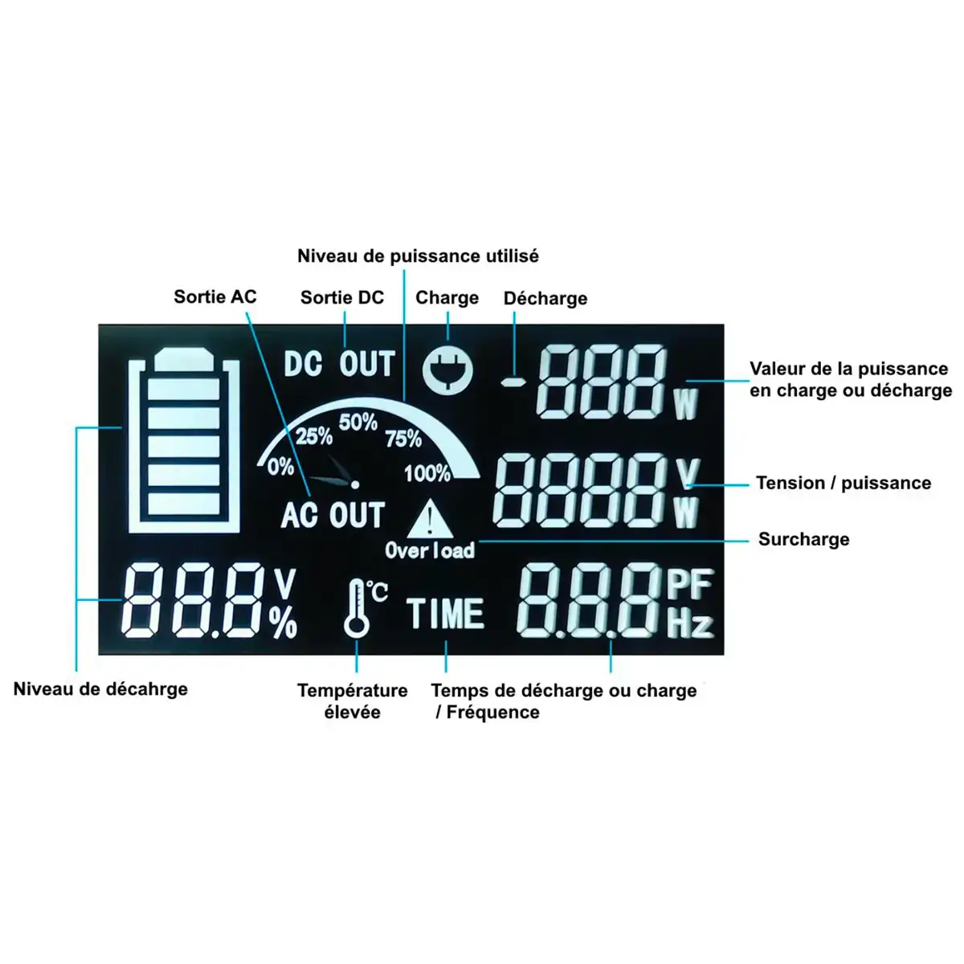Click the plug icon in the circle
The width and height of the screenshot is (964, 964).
point(447,370)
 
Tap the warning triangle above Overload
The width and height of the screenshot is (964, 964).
point(431,519)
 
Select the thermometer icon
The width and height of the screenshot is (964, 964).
point(356,610)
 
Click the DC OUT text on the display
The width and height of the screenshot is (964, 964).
point(340,364)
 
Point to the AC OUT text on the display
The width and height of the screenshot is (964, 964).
point(333,515)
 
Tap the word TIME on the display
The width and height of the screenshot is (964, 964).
point(446,615)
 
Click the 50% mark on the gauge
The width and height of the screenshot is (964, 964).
point(358,422)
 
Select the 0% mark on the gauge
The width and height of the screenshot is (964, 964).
point(280,466)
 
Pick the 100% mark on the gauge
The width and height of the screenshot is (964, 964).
point(427,473)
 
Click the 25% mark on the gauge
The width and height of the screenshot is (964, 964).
point(314,436)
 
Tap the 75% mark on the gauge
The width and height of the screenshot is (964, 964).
point(403,439)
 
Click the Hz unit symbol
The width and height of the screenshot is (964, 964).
point(690,623)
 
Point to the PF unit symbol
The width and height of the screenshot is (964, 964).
point(689,584)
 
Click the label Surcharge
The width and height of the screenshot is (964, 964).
point(803,539)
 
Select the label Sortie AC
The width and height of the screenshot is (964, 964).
point(215,296)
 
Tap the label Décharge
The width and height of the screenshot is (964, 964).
point(545,298)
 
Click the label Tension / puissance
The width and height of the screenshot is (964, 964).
point(843,483)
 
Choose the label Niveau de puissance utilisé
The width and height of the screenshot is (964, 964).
point(418,256)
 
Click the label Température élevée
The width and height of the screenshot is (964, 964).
point(353,701)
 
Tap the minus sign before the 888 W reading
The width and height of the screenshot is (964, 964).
point(512,382)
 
